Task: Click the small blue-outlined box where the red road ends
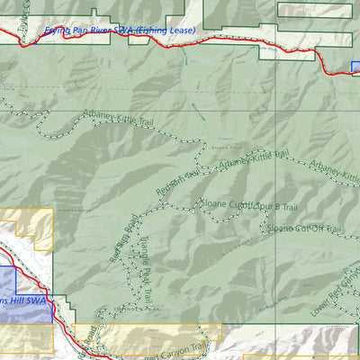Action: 355,67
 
